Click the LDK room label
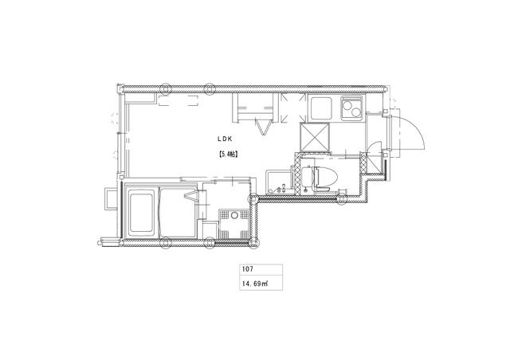pyautogui.click(x=225, y=139)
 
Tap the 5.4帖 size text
pyautogui.click(x=228, y=155)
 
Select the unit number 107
pyautogui.click(x=247, y=269)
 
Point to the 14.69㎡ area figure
pyautogui.click(x=255, y=284)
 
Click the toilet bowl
pyautogui.click(x=325, y=178)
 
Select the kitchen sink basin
pyautogui.click(x=320, y=108)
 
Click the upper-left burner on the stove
pyautogui.click(x=347, y=105)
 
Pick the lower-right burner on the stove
pyautogui.click(x=356, y=113)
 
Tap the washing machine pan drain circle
pyautogui.click(x=234, y=215)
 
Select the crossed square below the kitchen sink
pyautogui.click(x=315, y=138)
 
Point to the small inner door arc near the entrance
pyautogui.click(x=375, y=146)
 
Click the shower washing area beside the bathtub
pyautogui.click(x=177, y=212)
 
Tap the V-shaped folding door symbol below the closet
pyautogui.click(x=264, y=127)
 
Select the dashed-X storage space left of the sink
pyautogui.click(x=293, y=108)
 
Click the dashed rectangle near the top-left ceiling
pyautogui.click(x=178, y=100)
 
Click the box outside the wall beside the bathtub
pyautogui.click(x=110, y=198)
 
